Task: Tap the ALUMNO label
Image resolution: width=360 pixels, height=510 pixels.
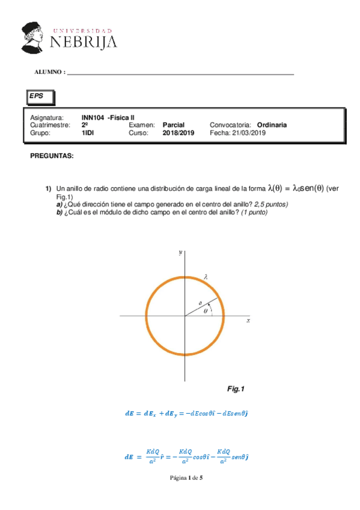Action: click(50, 72)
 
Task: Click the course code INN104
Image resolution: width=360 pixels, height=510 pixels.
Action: click(93, 117)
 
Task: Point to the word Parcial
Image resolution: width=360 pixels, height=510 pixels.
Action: click(174, 124)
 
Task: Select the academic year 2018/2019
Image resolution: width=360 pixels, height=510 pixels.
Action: click(178, 133)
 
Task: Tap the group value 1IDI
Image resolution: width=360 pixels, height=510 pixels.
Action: click(88, 133)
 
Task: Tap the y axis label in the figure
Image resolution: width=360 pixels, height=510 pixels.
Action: click(180, 254)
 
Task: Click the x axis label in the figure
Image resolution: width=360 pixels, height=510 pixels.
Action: click(248, 321)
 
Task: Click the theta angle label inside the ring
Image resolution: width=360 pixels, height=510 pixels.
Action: click(206, 311)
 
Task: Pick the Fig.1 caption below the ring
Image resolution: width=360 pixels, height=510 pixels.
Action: click(236, 389)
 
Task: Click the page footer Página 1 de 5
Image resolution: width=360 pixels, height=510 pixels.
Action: click(180, 478)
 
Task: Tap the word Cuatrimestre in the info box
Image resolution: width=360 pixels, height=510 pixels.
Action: click(50, 124)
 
